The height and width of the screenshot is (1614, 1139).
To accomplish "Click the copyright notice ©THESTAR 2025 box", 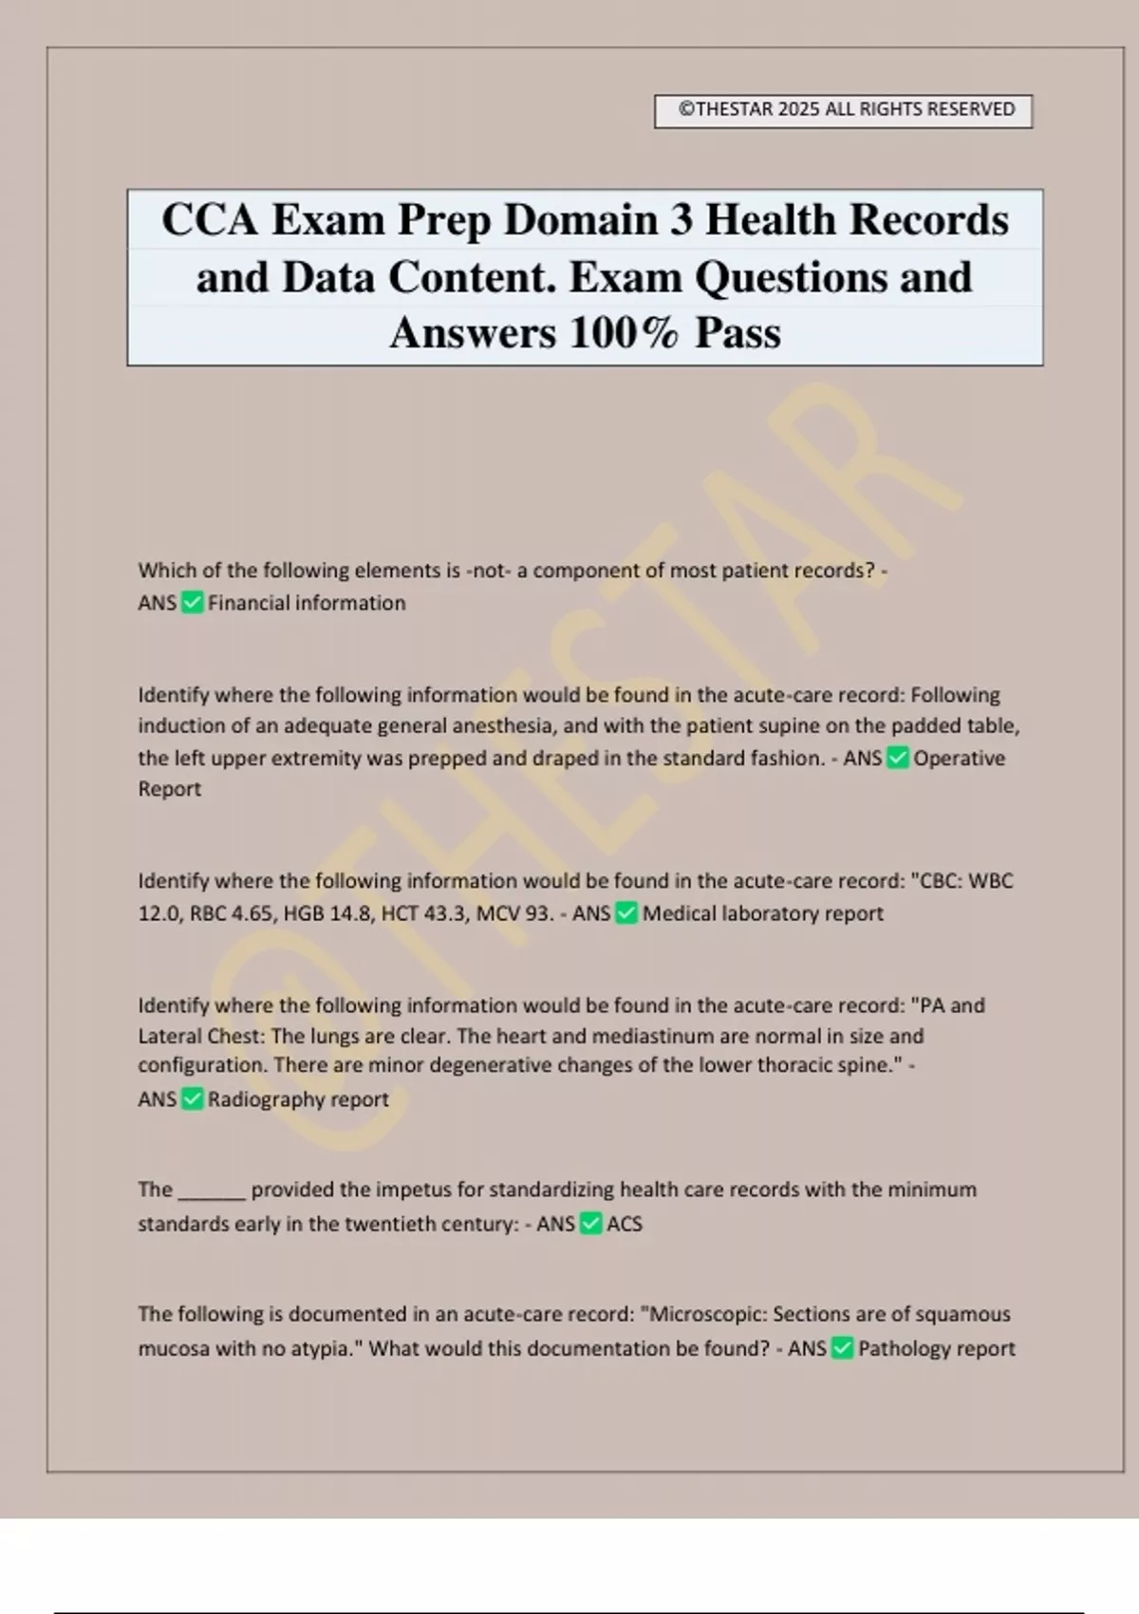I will click(x=843, y=110).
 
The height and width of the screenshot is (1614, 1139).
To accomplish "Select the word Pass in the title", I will click(x=738, y=333).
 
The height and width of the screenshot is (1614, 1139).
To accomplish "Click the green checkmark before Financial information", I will click(x=192, y=603).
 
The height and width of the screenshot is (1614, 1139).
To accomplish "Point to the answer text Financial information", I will click(x=307, y=603).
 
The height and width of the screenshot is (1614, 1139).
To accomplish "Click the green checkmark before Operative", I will click(x=897, y=758).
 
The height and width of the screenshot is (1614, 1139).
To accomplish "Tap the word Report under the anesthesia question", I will click(x=169, y=789).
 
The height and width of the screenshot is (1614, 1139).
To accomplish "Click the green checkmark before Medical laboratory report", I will click(x=626, y=913).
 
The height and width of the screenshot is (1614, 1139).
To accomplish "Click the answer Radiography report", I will click(x=298, y=1099).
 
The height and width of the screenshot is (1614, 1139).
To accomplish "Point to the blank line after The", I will click(x=212, y=1191).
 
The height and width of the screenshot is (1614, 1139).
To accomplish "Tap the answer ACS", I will click(x=625, y=1224).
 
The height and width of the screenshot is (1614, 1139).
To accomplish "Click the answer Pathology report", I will click(x=936, y=1349).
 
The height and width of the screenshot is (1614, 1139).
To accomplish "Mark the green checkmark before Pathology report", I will click(x=842, y=1349).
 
